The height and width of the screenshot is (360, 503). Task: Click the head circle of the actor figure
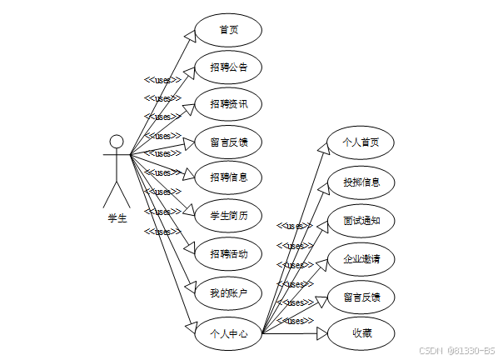[117, 141]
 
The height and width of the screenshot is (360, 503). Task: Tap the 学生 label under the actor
[117, 218]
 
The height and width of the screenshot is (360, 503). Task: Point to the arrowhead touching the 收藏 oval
[322, 333]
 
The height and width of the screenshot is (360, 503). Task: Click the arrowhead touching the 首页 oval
[190, 35]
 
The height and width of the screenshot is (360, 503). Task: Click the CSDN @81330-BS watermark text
[456, 351]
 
